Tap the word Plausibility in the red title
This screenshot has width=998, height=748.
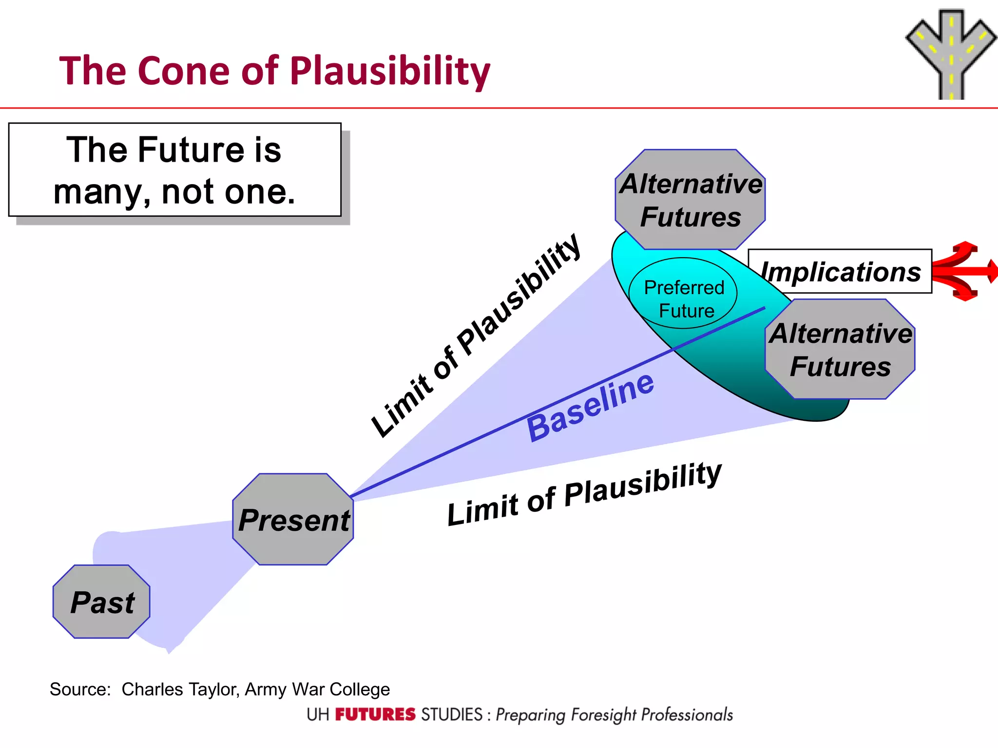coord(389,71)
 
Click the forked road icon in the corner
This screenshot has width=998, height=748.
coord(950,54)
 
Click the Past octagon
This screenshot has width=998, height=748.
coord(101,602)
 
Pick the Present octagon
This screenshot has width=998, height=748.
coord(293,519)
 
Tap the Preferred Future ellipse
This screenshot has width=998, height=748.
coord(683,294)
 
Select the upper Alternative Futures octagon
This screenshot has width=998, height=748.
coord(690,200)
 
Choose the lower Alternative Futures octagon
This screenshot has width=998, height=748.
coord(840,349)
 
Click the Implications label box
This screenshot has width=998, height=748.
coord(840,271)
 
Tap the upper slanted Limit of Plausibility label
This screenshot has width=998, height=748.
coord(475,336)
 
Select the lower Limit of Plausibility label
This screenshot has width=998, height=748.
coord(584,494)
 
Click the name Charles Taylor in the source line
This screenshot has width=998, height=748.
coord(179,689)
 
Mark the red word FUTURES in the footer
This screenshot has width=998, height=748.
coord(375,714)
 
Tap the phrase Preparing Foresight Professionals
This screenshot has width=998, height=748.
coord(614,714)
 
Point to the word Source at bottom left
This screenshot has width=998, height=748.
coord(79,689)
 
